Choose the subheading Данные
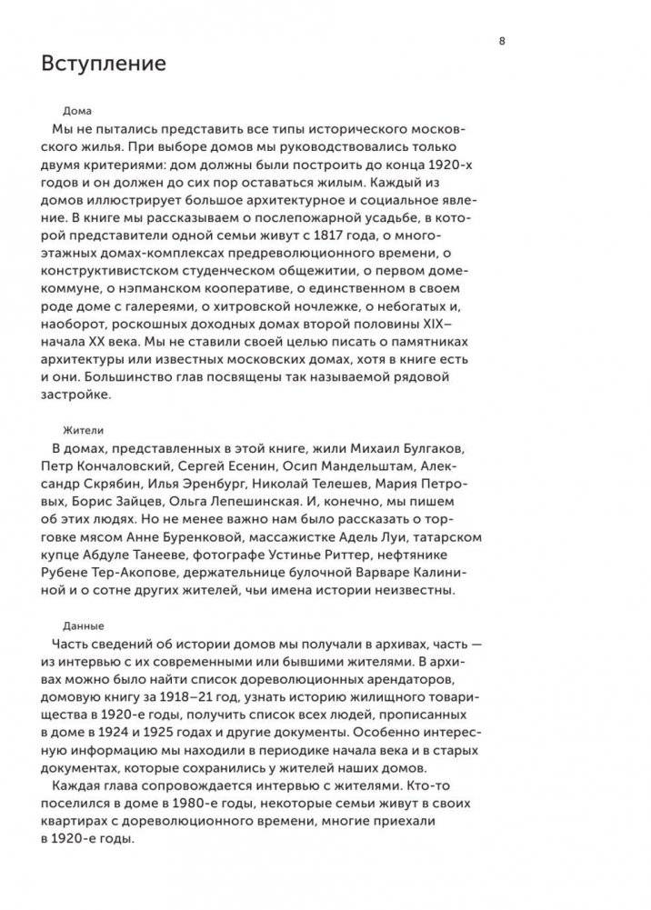pos(83,625)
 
